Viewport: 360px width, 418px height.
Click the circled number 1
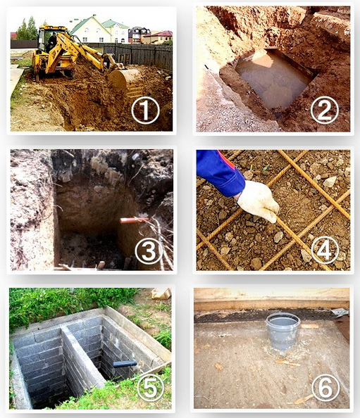(145, 110)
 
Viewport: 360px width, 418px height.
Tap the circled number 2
(324, 110)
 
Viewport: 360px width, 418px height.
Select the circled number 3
(149, 251)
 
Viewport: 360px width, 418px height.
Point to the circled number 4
(325, 251)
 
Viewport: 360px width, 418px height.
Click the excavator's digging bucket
(125, 81)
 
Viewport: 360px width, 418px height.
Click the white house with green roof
(90, 30)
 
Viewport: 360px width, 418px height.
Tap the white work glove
(258, 201)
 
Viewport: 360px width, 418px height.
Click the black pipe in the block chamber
(125, 364)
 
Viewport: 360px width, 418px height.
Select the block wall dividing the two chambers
(82, 360)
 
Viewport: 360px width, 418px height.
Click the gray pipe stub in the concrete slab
(283, 331)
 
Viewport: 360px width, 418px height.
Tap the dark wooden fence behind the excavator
(137, 56)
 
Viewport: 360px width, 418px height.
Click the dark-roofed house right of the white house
(138, 34)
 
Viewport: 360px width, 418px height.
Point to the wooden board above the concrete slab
(271, 299)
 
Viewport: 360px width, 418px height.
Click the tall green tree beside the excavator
(27, 29)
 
